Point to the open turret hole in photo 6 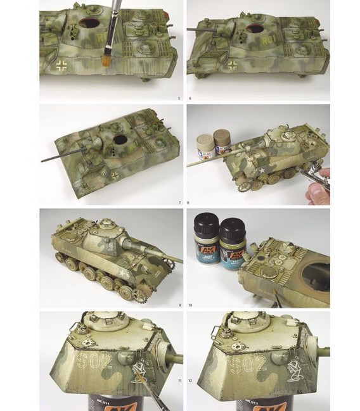coord(254,29)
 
